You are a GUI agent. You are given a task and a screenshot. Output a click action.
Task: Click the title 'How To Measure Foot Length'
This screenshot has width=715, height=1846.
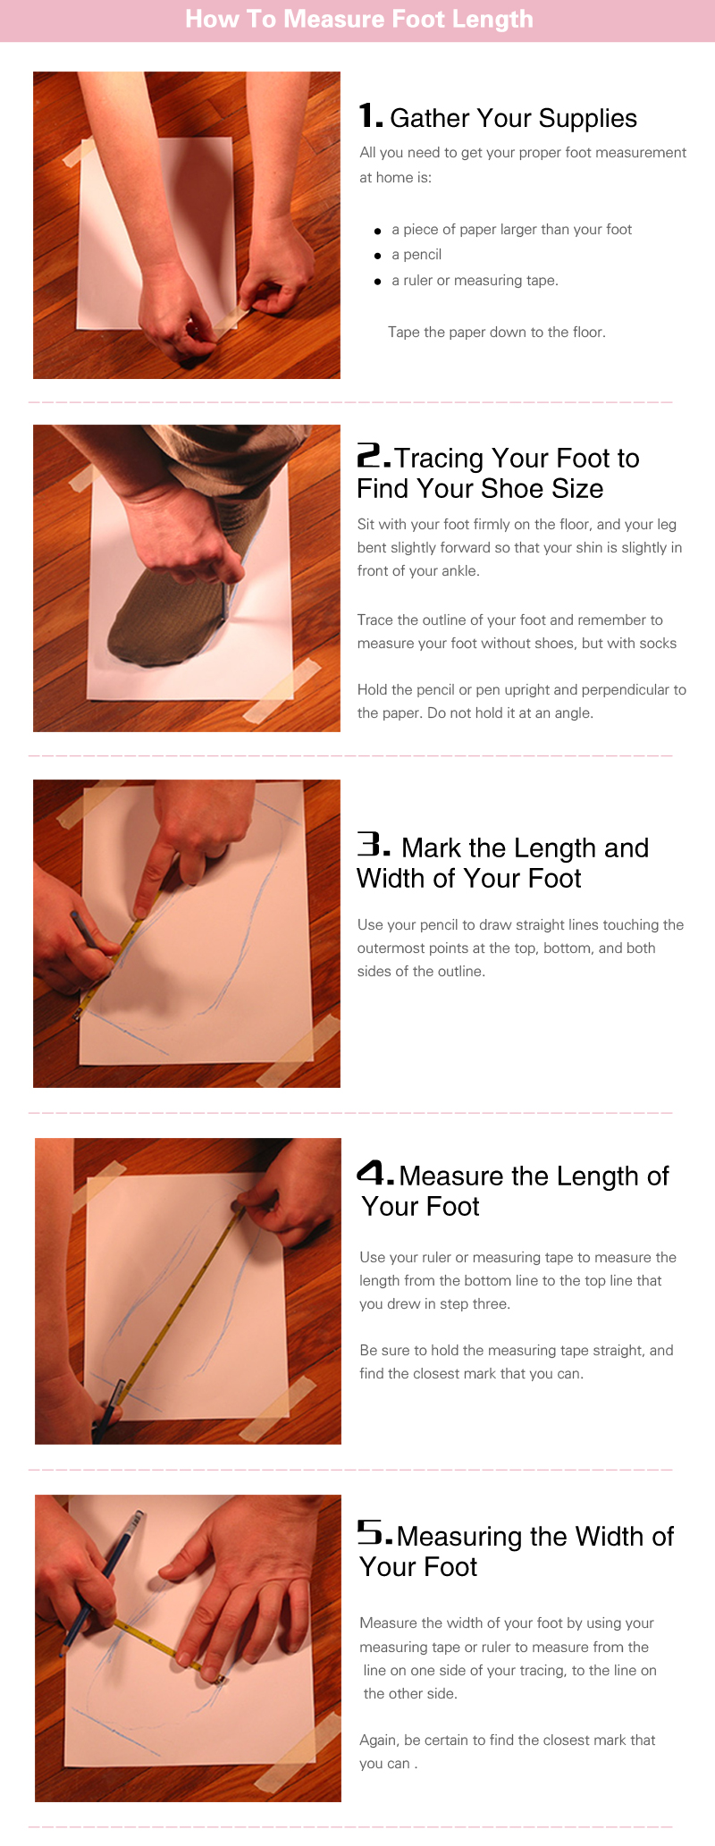pyautogui.click(x=358, y=19)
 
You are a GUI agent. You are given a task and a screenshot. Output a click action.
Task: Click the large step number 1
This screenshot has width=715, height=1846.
pyautogui.click(x=370, y=116)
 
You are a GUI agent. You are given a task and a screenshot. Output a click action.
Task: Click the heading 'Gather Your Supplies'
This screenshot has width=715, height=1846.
pyautogui.click(x=514, y=118)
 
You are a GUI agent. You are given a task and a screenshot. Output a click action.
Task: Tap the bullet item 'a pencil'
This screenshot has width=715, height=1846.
pyautogui.click(x=416, y=255)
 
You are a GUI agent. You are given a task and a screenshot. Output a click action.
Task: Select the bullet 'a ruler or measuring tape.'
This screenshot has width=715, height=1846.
pyautogui.click(x=475, y=281)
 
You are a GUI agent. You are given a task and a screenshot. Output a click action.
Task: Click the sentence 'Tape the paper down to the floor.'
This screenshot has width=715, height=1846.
pyautogui.click(x=497, y=333)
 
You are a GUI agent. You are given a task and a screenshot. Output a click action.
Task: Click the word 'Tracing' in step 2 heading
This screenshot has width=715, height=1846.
pyautogui.click(x=439, y=459)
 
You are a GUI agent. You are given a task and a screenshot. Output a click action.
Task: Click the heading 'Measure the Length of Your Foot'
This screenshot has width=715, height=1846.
pyautogui.click(x=515, y=1191)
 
